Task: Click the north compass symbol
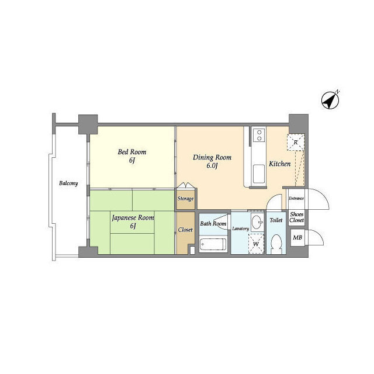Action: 330,101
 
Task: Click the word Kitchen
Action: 280,164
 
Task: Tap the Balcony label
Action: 68,183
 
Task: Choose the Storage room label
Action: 185,199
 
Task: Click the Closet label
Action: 185,230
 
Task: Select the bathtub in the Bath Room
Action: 213,244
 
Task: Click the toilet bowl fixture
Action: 276,244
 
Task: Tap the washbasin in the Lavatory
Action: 257,222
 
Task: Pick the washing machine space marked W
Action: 256,244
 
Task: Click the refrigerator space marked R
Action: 296,143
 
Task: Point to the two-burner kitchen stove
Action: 259,135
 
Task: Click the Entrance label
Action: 296,198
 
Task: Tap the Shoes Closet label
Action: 297,217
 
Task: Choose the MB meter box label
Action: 297,238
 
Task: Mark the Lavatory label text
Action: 240,228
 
